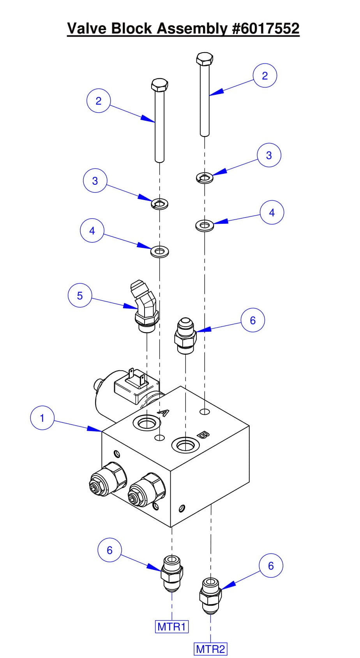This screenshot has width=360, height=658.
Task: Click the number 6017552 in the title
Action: pyautogui.click(x=266, y=28)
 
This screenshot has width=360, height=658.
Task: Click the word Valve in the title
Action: pyautogui.click(x=88, y=28)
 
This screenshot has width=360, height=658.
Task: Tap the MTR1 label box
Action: pyautogui.click(x=172, y=627)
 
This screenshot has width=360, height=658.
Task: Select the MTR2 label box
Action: pyautogui.click(x=210, y=649)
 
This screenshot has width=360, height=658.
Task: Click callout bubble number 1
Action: pyautogui.click(x=42, y=418)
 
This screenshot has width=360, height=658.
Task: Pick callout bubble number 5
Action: pyautogui.click(x=80, y=295)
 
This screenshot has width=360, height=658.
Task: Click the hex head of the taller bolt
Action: pyautogui.click(x=205, y=59)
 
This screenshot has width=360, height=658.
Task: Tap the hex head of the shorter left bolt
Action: pyautogui.click(x=159, y=85)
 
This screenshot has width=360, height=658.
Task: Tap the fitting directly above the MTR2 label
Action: pyautogui.click(x=211, y=595)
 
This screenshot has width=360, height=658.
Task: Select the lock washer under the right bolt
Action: pyautogui.click(x=204, y=178)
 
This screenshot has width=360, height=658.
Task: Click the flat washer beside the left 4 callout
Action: pyautogui.click(x=159, y=251)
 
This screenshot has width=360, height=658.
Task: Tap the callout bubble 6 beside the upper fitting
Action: pyautogui.click(x=252, y=320)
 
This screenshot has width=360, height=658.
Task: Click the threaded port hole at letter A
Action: pyautogui.click(x=146, y=423)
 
